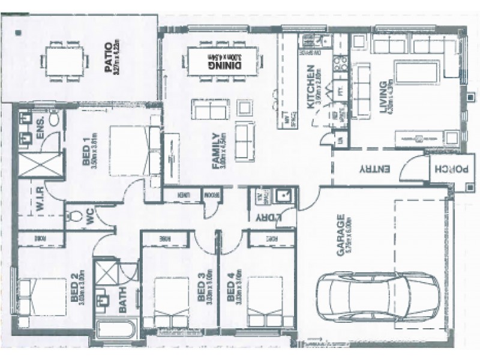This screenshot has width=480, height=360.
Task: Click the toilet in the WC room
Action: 76,220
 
